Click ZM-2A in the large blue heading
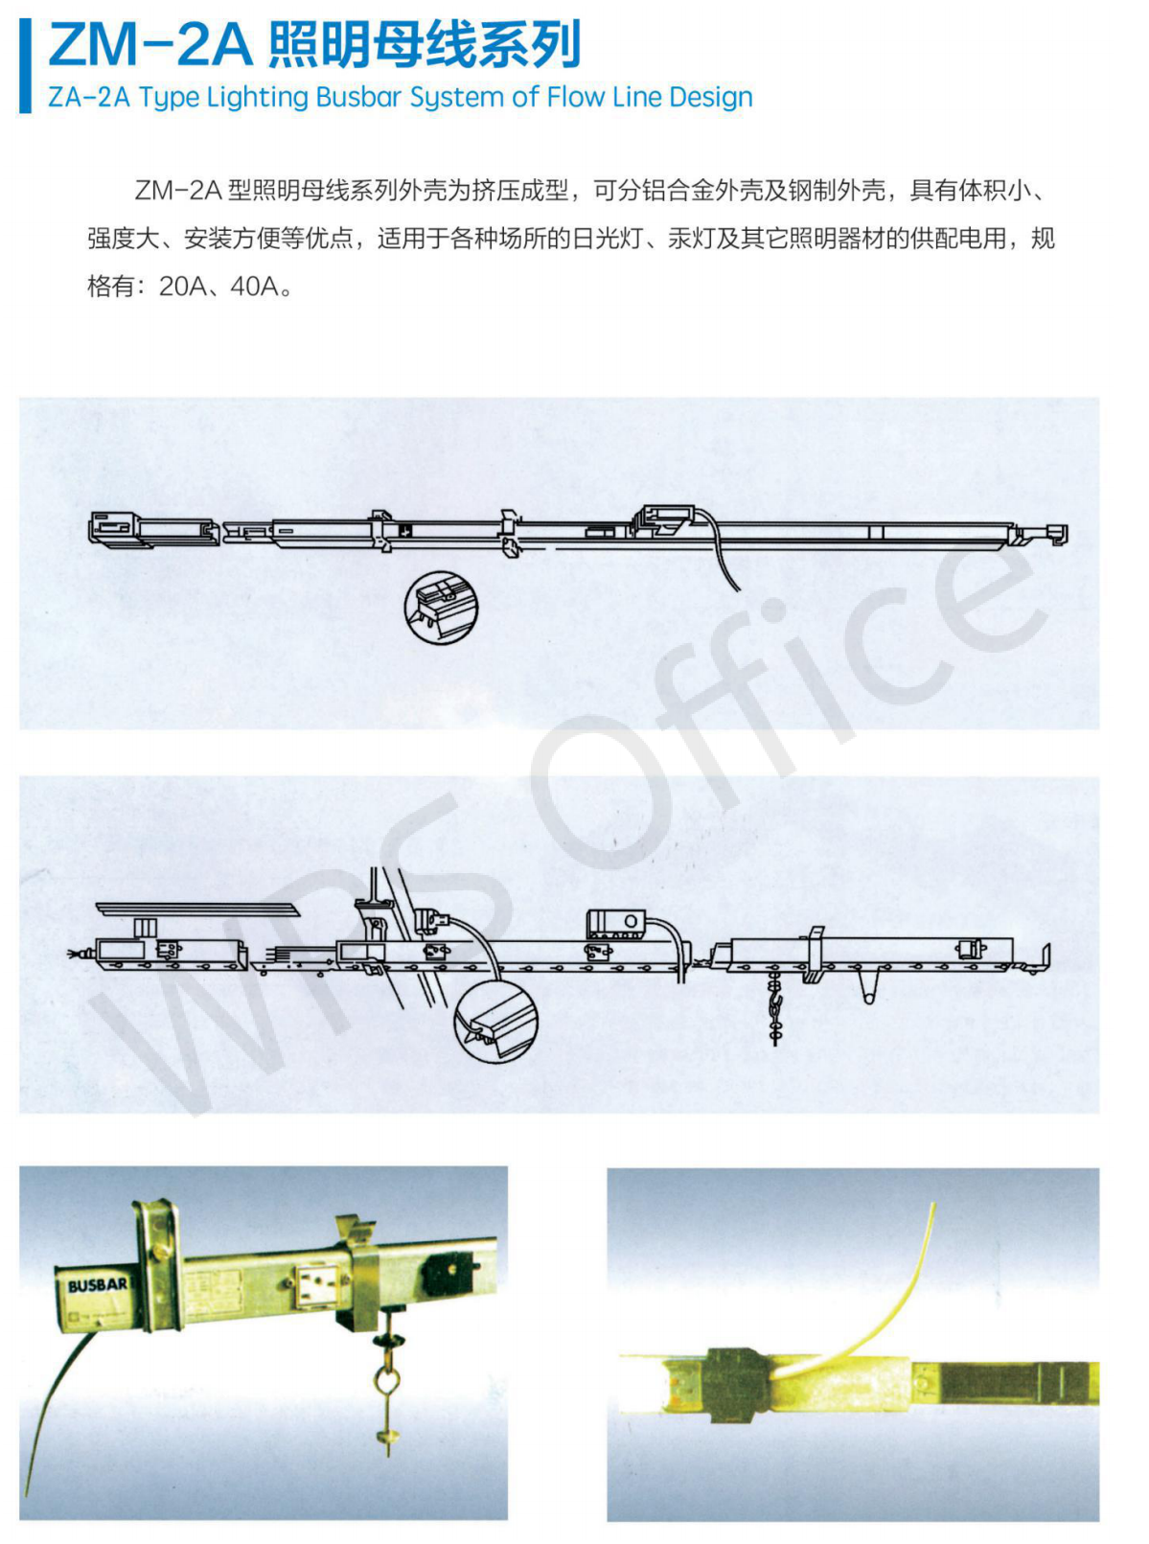click(149, 45)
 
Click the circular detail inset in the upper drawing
click(441, 608)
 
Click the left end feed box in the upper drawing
click(115, 528)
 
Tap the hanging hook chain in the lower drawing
click(775, 1006)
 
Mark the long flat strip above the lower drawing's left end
click(197, 910)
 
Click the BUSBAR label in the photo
click(97, 1284)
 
